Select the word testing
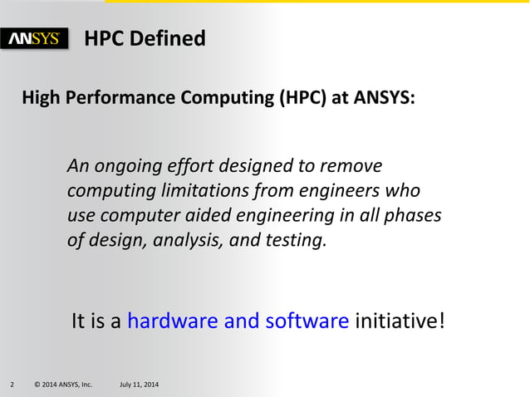click(298, 241)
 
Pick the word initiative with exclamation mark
click(400, 321)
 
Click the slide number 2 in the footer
click(12, 385)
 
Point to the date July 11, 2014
click(140, 385)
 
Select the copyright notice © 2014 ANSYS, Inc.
click(62, 385)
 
